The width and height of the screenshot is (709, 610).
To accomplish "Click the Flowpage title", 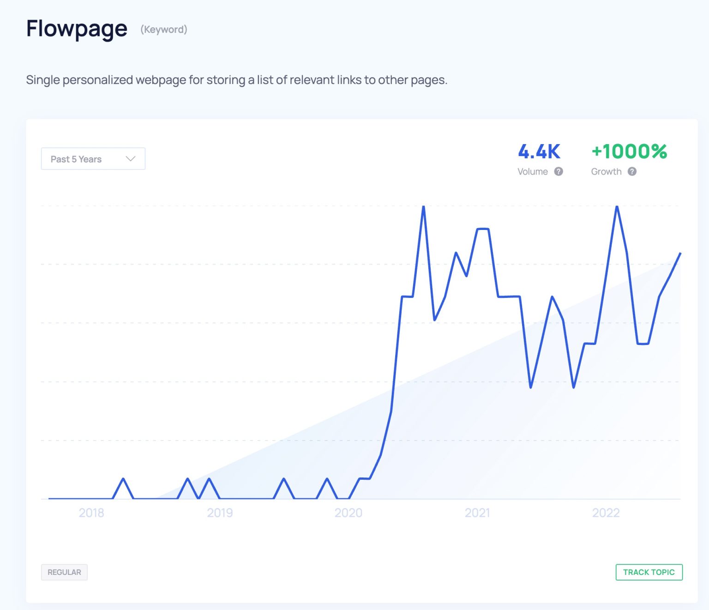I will tap(77, 29).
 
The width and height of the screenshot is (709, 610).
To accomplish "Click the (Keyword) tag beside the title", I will tap(164, 30).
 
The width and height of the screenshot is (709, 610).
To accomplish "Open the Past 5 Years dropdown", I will tap(93, 159).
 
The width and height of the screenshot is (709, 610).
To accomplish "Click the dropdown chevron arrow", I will tap(131, 159).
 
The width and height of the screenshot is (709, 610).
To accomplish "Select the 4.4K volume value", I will tap(539, 151).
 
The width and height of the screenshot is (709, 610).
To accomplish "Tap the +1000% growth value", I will tap(629, 151).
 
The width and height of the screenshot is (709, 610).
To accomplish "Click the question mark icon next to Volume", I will tap(559, 171).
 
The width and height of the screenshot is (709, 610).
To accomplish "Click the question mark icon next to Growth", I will tap(632, 171).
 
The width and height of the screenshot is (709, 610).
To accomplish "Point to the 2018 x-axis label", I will tap(91, 513).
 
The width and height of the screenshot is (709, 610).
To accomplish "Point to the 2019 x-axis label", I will tap(220, 513).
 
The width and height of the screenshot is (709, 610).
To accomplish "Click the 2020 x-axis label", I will tap(348, 513).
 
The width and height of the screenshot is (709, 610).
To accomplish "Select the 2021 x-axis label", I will tap(477, 513).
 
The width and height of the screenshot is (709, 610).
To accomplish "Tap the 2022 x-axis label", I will tap(606, 513).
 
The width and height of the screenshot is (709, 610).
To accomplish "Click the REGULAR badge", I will tap(64, 572).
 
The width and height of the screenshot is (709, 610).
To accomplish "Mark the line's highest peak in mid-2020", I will tap(423, 207).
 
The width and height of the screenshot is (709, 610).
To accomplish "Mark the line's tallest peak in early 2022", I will tap(617, 207).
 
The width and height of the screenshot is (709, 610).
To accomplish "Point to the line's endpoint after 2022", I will tap(680, 254).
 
